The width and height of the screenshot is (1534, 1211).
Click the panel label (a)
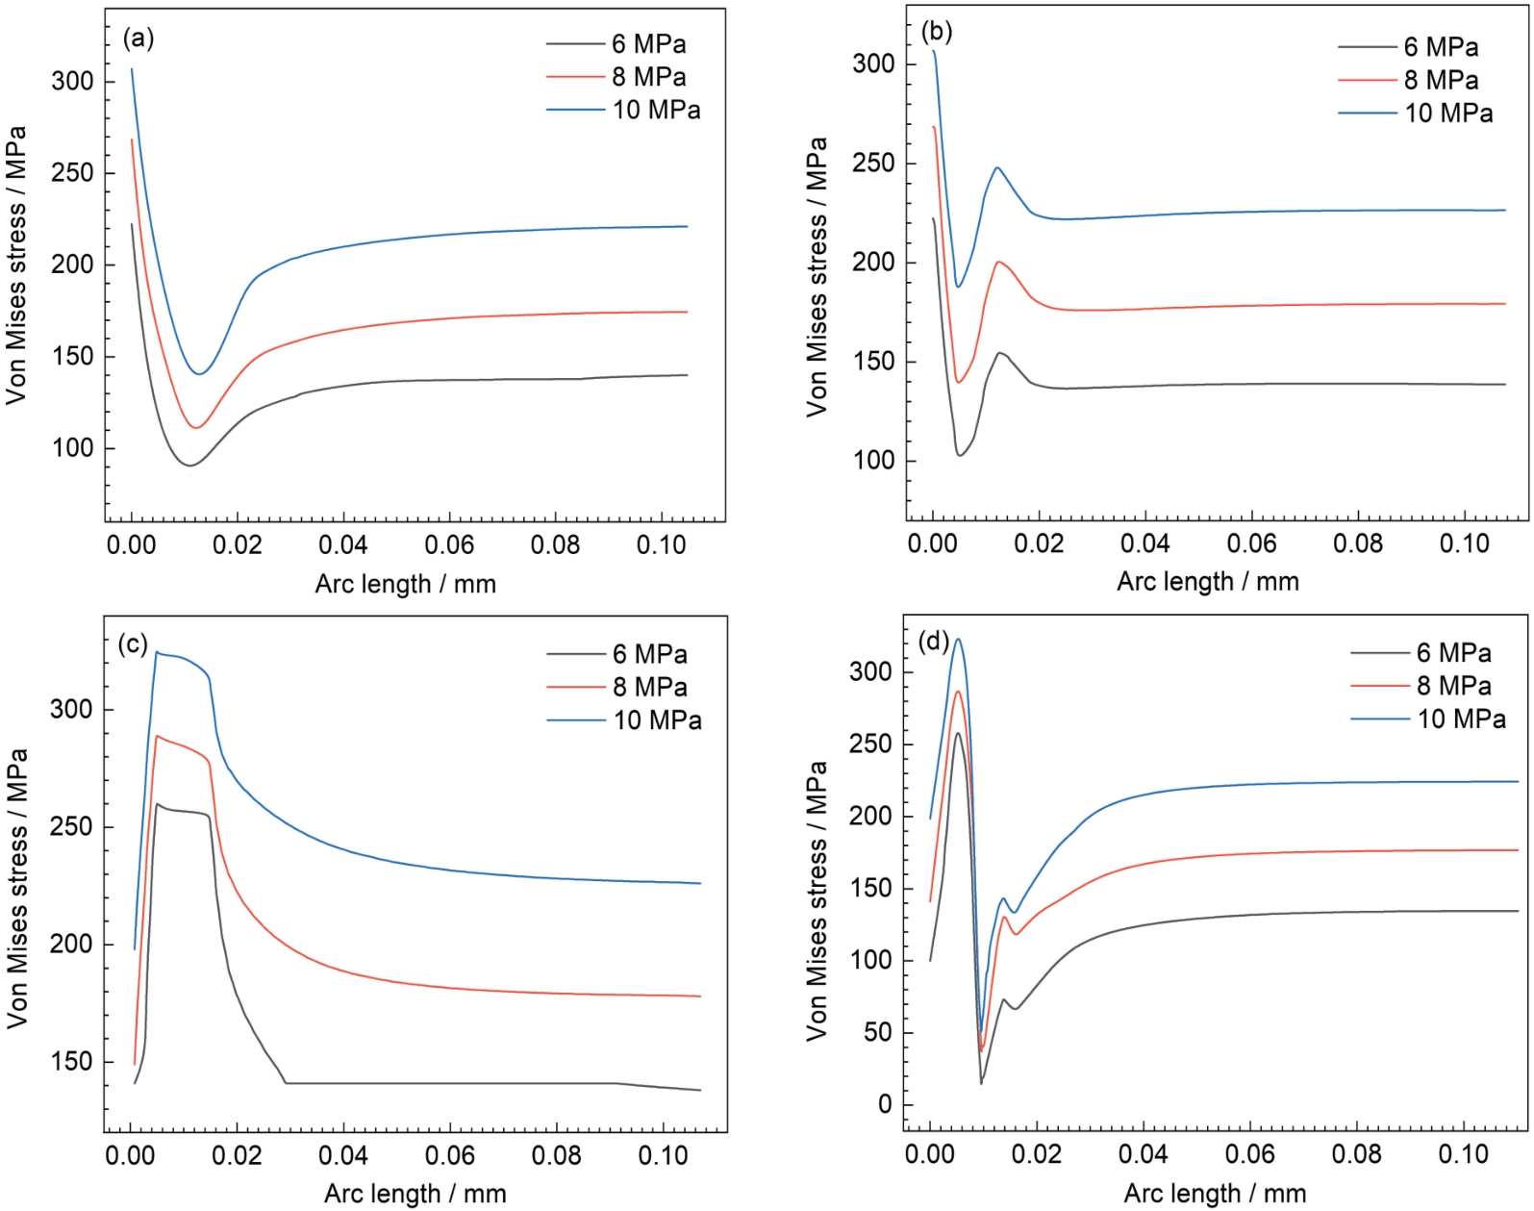click(138, 38)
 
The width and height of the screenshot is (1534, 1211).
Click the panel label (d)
click(934, 641)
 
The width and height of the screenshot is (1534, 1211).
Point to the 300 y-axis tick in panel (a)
click(72, 82)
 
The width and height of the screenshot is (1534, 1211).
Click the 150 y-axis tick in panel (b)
click(872, 362)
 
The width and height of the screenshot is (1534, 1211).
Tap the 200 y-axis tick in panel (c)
click(72, 945)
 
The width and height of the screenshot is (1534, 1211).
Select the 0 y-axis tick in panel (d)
click(885, 1105)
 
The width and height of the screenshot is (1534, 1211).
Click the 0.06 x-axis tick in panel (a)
click(449, 545)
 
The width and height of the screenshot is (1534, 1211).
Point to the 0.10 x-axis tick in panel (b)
click(1464, 543)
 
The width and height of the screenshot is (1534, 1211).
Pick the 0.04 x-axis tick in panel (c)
click(343, 1155)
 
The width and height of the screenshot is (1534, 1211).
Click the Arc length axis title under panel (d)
click(1215, 1194)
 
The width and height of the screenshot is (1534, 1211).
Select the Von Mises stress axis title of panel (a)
click(16, 265)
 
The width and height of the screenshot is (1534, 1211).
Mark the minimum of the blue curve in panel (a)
click(200, 374)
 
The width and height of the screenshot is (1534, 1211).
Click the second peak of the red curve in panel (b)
click(999, 262)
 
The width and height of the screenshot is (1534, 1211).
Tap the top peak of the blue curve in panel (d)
click(958, 639)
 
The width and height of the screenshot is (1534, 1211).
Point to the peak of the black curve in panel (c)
click(158, 804)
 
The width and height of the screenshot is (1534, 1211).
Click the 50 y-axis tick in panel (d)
click(877, 1033)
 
